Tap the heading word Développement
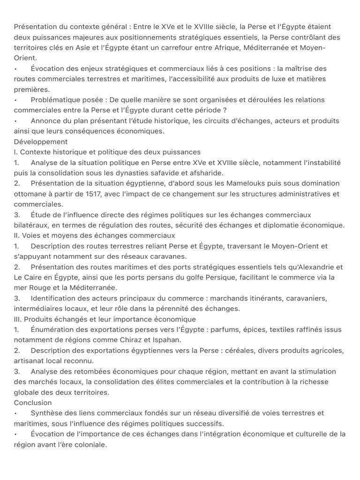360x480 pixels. [x=41, y=142]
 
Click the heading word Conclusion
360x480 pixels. [x=33, y=403]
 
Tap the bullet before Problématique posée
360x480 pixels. [x=16, y=100]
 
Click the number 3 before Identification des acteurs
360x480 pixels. [x=16, y=298]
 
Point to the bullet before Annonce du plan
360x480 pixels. [x=16, y=120]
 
